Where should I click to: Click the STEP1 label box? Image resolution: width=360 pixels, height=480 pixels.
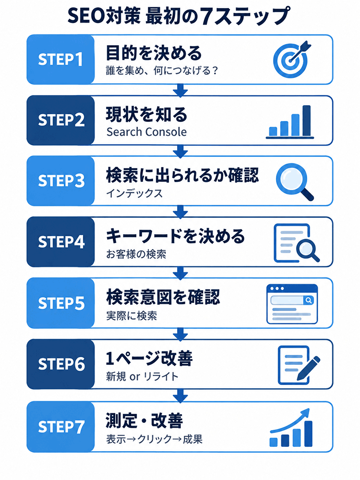pos(60,60)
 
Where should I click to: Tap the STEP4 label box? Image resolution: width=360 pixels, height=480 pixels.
pos(60,242)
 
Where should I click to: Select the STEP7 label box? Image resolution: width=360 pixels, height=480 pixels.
pos(60,427)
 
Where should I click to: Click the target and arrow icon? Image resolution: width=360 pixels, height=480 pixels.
pos(291,59)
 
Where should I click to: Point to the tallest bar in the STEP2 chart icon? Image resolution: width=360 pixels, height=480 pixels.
pos(306,120)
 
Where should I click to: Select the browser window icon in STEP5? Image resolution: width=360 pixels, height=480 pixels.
pos(292,304)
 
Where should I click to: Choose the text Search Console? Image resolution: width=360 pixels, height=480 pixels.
pos(146,132)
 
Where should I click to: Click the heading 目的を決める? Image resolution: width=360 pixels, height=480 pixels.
pos(154,53)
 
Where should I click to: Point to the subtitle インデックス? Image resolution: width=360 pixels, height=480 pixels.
pos(134,193)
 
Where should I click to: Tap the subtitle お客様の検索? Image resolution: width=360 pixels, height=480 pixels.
pos(136,254)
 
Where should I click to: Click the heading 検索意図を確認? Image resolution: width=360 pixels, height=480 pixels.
pos(163,297)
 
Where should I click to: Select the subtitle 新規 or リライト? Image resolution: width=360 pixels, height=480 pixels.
pos(142,376)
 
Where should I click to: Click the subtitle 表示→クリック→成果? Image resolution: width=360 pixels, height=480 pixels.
pos(154,439)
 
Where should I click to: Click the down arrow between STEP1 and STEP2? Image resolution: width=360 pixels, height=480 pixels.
pos(180,90)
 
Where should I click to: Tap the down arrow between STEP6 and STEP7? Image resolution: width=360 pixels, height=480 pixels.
pos(180,396)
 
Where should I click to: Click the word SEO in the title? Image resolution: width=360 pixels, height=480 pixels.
pos(86,16)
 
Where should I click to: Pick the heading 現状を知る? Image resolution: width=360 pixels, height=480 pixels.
pos(146,114)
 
